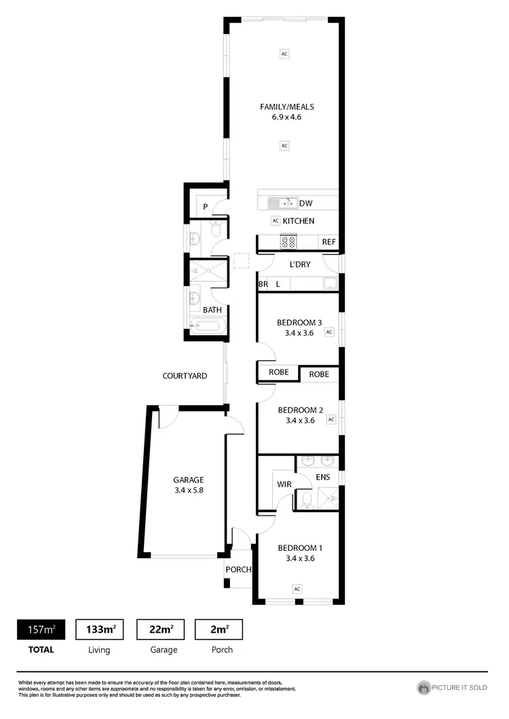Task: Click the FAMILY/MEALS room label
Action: point(286,106)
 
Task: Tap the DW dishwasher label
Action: point(305,203)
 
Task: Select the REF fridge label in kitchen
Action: point(328,242)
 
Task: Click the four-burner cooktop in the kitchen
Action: point(288,241)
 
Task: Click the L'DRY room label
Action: point(299,265)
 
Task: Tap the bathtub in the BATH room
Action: point(206,327)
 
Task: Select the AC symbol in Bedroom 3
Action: point(329,332)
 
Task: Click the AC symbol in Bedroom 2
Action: point(331,420)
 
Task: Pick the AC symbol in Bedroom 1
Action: point(297,589)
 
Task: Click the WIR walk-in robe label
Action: point(284,485)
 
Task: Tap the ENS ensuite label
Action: point(323,478)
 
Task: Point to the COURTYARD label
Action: point(185,376)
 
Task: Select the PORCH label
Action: point(239,570)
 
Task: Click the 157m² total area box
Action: point(41,629)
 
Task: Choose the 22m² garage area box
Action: point(164,629)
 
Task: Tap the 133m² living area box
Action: point(100,629)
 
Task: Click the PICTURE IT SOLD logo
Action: point(452,688)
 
